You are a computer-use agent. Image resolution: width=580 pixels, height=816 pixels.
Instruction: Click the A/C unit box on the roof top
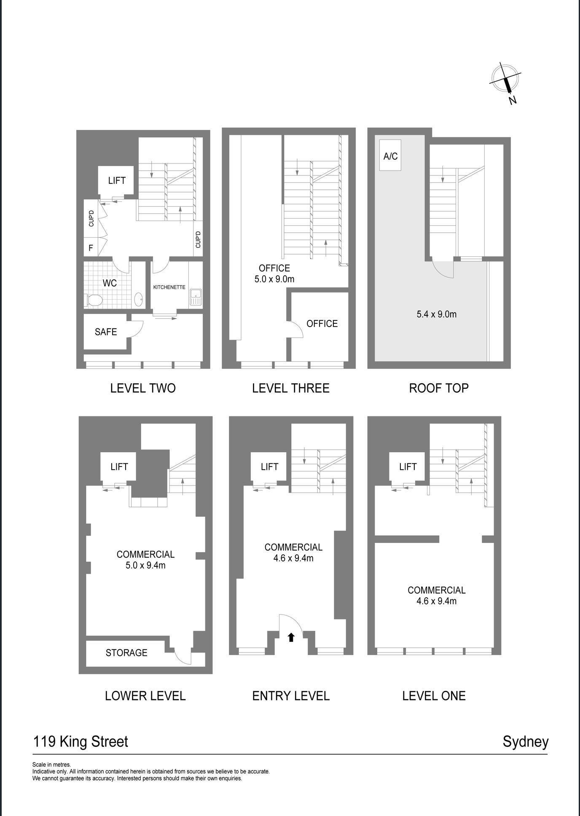click(390, 155)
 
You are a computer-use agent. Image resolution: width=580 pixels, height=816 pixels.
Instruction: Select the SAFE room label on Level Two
click(106, 332)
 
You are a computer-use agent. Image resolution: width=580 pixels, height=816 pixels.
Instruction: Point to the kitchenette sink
click(196, 297)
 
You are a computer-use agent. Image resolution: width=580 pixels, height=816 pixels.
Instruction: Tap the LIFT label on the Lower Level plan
click(119, 467)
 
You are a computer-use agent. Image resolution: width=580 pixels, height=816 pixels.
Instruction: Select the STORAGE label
click(126, 653)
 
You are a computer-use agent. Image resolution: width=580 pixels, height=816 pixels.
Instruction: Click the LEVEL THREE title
click(291, 388)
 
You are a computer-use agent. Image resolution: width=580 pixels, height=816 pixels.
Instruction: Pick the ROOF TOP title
click(439, 388)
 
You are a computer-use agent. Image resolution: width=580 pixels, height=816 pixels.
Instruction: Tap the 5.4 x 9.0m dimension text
click(437, 314)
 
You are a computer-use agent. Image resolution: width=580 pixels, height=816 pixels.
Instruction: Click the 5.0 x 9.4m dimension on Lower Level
click(145, 566)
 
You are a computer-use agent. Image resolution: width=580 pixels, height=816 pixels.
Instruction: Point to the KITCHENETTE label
click(169, 287)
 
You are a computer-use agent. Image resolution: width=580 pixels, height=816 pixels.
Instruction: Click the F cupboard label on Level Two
click(91, 248)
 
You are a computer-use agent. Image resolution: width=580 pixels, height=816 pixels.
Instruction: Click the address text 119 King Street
click(81, 741)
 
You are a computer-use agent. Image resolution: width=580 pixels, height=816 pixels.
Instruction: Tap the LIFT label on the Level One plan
click(408, 467)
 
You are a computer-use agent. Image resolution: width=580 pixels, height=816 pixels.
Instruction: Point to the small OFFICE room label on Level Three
click(322, 324)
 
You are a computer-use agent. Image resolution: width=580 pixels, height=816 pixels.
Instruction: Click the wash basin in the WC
click(138, 300)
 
